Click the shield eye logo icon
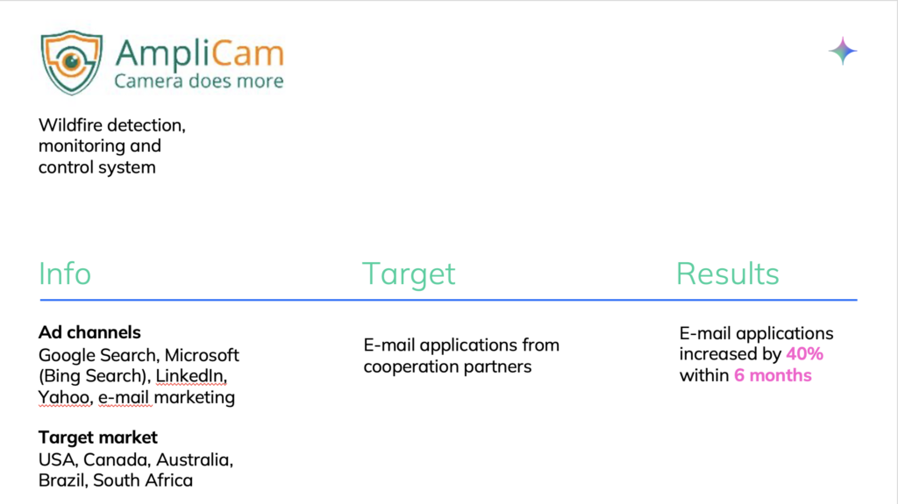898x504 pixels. pos(72,62)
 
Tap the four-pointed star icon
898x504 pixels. pos(843,51)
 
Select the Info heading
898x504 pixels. pos(65,273)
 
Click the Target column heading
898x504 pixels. pos(409,274)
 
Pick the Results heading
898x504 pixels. pos(727,273)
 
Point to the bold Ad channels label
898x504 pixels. pos(89,332)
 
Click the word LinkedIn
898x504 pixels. pos(191,376)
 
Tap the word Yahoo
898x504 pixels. pos(65,397)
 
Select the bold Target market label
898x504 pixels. pos(98,437)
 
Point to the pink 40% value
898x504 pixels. pos(805,354)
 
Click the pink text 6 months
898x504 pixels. pos(773,376)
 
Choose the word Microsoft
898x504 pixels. pos(202,355)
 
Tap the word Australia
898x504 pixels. pos(195,460)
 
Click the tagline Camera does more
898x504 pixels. pos(199,81)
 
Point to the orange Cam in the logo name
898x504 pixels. pos(247,53)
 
